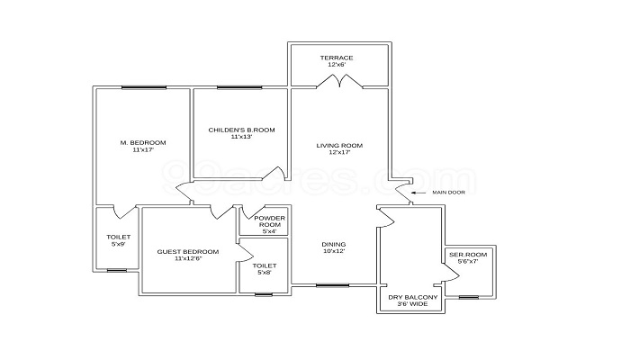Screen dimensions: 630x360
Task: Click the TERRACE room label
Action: (337, 58)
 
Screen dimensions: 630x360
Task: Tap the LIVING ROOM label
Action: (339, 146)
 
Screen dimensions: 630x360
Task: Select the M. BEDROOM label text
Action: (143, 142)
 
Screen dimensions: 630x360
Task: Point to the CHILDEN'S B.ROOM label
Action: (241, 130)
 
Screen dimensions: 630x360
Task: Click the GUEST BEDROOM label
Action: (188, 252)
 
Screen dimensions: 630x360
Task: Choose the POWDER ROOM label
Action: (270, 221)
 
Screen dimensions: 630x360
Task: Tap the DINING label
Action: (334, 244)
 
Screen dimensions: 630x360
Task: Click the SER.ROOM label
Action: (468, 255)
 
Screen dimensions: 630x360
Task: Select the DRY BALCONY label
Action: (412, 297)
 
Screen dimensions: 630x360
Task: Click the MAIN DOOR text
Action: (448, 193)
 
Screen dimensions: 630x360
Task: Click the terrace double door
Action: (339, 80)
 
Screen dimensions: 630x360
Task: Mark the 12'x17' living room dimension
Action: (339, 152)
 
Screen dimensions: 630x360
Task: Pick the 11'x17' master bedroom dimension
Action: (143, 149)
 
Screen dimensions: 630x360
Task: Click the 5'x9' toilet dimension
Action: (119, 244)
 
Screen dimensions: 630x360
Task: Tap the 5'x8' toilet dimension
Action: (265, 273)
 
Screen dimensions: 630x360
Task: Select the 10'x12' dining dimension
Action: (334, 251)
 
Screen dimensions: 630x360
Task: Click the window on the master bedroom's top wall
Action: (144, 87)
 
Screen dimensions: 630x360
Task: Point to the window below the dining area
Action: (332, 285)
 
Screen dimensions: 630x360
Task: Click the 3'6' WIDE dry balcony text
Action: (412, 304)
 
